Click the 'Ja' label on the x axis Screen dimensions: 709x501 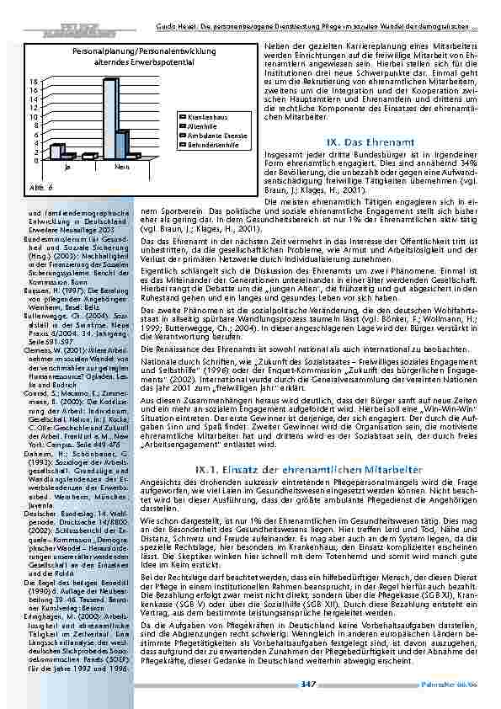pyautogui.click(x=67, y=168)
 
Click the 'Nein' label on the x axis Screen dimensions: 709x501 pyautogui.click(x=123, y=168)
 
